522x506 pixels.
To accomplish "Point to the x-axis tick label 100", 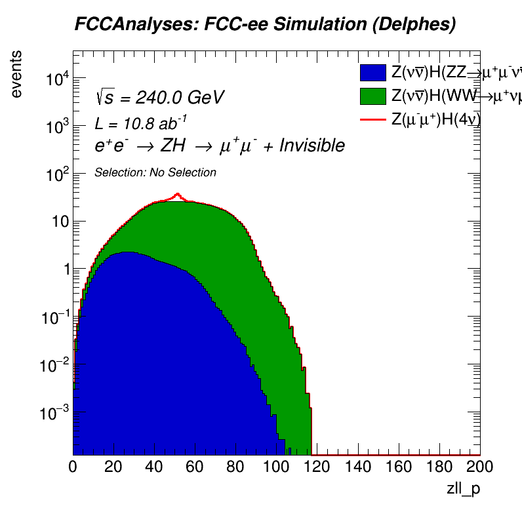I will [276, 467].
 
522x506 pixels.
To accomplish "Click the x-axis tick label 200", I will [479, 467].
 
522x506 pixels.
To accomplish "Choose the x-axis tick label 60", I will [195, 467].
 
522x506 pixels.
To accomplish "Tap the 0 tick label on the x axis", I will [73, 467].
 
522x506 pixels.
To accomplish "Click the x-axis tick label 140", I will [357, 467].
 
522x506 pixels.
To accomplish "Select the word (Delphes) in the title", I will [409, 25].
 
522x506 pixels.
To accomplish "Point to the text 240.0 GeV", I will [180, 98].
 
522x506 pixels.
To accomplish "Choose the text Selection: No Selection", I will [155, 172].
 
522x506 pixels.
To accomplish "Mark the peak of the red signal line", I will [177, 194].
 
